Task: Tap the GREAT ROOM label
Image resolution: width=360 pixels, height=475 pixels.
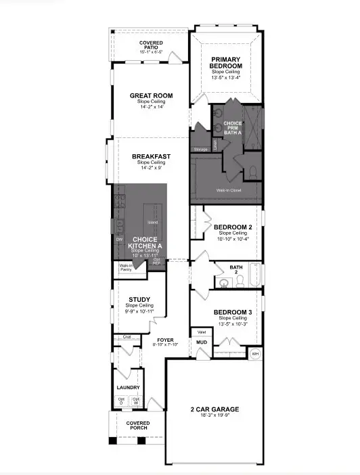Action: pyautogui.click(x=149, y=95)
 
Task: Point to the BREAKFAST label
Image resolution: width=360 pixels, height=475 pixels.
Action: pyautogui.click(x=151, y=156)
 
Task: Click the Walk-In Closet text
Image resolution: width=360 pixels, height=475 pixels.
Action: pyautogui.click(x=229, y=190)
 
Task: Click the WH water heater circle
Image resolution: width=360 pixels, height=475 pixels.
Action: pyautogui.click(x=255, y=353)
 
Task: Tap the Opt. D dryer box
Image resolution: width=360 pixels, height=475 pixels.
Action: pyautogui.click(x=122, y=401)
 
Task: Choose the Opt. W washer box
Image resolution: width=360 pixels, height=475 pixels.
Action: pyautogui.click(x=135, y=401)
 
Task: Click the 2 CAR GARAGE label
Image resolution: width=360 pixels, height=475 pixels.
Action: pyautogui.click(x=214, y=409)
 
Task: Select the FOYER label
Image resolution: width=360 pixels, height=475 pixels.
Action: pyautogui.click(x=166, y=340)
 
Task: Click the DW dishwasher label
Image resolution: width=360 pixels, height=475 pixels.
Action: pyautogui.click(x=118, y=240)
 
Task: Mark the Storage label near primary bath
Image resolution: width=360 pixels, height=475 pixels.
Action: pyautogui.click(x=200, y=149)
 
